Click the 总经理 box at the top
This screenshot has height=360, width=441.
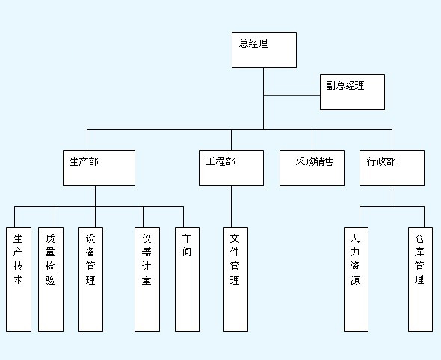click(x=264, y=50)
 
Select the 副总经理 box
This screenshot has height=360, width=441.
click(x=352, y=92)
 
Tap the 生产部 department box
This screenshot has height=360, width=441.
click(x=99, y=168)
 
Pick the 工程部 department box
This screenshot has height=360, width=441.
click(x=231, y=168)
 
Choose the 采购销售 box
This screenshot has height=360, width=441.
click(x=312, y=168)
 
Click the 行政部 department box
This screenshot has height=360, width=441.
click(x=392, y=168)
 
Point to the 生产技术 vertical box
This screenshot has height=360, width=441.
click(x=19, y=279)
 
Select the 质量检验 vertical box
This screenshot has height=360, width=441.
click(x=51, y=279)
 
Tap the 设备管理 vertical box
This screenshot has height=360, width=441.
click(x=91, y=279)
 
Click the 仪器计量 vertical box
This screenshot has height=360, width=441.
click(x=147, y=279)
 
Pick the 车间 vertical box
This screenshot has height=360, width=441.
click(x=188, y=279)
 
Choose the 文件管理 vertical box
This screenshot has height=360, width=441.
click(x=235, y=279)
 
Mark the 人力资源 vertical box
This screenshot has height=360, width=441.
click(x=356, y=279)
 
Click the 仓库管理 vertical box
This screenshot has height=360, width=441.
click(x=421, y=279)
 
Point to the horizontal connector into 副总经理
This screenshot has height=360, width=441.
click(x=292, y=96)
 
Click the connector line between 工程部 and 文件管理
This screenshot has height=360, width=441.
click(x=232, y=207)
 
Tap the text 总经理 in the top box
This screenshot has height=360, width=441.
click(x=253, y=43)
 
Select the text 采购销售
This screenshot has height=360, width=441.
click(x=315, y=161)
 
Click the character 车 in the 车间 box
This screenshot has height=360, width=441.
click(x=187, y=238)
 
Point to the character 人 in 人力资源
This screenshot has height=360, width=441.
click(x=355, y=238)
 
